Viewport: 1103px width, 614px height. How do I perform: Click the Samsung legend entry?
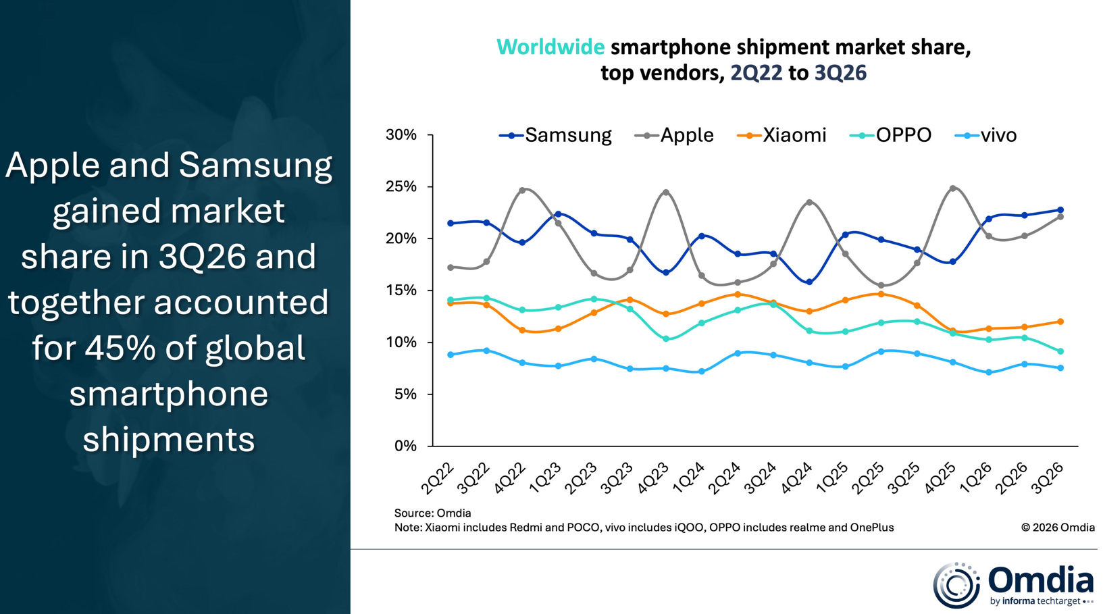pyautogui.click(x=555, y=135)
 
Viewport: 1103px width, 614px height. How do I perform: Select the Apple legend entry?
pyautogui.click(x=674, y=135)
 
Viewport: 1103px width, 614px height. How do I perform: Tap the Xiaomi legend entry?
pyautogui.click(x=781, y=135)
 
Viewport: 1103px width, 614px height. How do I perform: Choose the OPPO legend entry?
pyautogui.click(x=891, y=135)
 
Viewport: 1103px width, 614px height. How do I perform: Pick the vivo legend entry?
pyautogui.click(x=985, y=135)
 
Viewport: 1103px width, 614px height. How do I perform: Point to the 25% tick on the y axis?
pyautogui.click(x=430, y=187)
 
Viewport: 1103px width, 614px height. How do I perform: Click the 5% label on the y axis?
pyautogui.click(x=405, y=394)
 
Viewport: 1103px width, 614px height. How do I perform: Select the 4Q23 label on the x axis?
pyautogui.click(x=652, y=478)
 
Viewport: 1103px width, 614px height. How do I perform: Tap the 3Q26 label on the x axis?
pyautogui.click(x=1047, y=478)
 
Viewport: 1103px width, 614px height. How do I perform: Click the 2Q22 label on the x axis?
pyautogui.click(x=437, y=478)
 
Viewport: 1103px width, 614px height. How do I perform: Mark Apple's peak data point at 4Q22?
pyautogui.click(x=522, y=190)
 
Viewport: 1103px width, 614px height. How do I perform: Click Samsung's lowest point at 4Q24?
pyautogui.click(x=809, y=282)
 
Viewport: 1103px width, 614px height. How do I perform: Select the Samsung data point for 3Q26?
pyautogui.click(x=1060, y=210)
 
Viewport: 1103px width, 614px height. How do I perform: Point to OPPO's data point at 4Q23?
pyautogui.click(x=666, y=339)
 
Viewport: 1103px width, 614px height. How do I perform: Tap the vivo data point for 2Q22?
pyautogui.click(x=451, y=355)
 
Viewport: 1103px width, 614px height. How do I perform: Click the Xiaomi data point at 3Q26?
pyautogui.click(x=1060, y=322)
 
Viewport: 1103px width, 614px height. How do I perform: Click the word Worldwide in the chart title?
pyautogui.click(x=550, y=47)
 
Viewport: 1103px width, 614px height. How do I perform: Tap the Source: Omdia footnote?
pyautogui.click(x=432, y=513)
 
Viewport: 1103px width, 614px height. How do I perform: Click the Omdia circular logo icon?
pyautogui.click(x=956, y=585)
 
